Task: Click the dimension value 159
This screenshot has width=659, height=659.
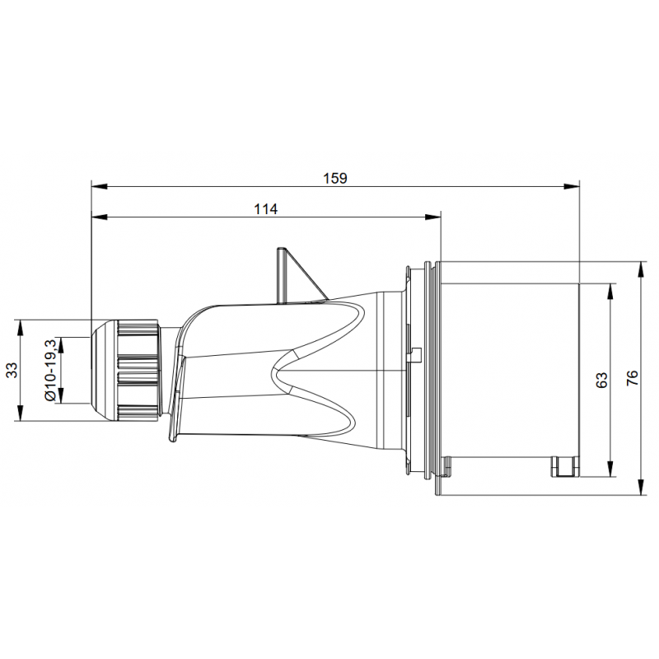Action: click(335, 178)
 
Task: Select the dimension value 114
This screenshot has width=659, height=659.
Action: click(265, 209)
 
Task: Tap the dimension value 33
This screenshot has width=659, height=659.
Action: click(12, 370)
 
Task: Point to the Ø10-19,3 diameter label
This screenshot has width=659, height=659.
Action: click(50, 370)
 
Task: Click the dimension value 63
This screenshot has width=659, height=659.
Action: click(602, 380)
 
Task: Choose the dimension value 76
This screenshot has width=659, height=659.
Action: click(632, 377)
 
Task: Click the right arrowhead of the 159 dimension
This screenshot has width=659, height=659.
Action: click(573, 186)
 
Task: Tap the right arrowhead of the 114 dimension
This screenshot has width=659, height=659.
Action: click(433, 217)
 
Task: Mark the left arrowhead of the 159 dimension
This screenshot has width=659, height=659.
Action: click(99, 186)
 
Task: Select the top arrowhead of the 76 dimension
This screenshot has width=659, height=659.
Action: click(641, 270)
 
